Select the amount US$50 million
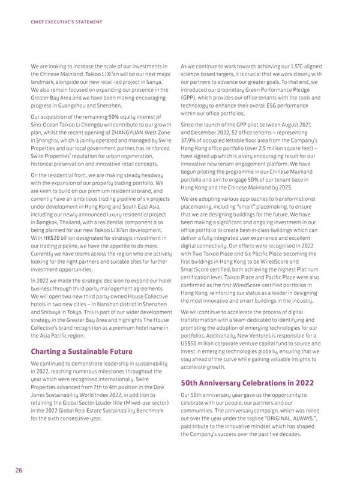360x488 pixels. pyautogui.click(x=200, y=343)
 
